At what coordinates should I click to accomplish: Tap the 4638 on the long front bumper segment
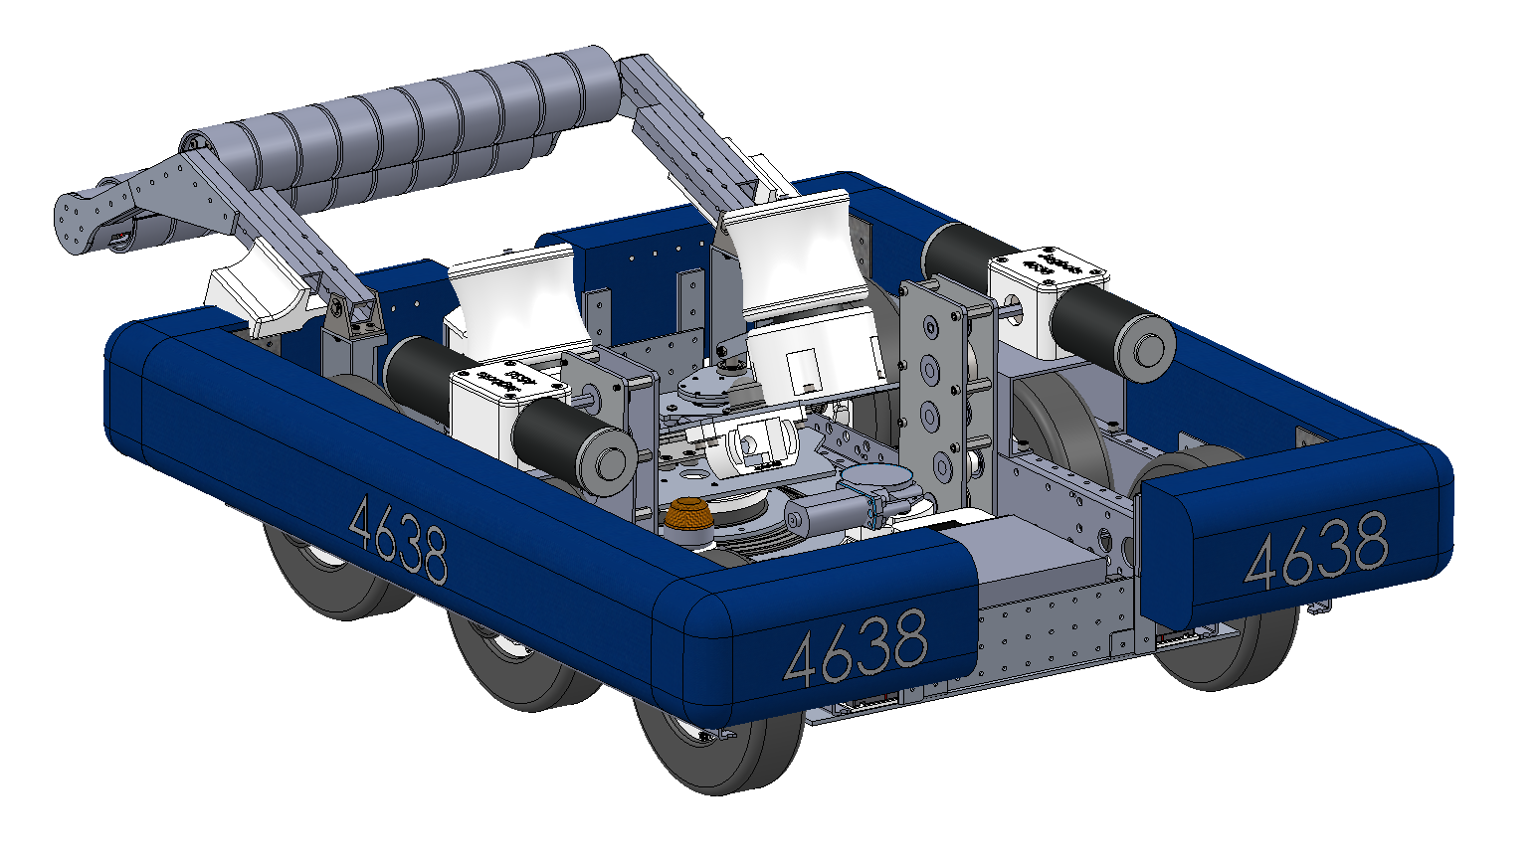pos(856,647)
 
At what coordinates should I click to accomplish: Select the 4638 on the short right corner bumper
pos(1315,551)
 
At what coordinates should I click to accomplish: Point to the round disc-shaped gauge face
pos(874,478)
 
